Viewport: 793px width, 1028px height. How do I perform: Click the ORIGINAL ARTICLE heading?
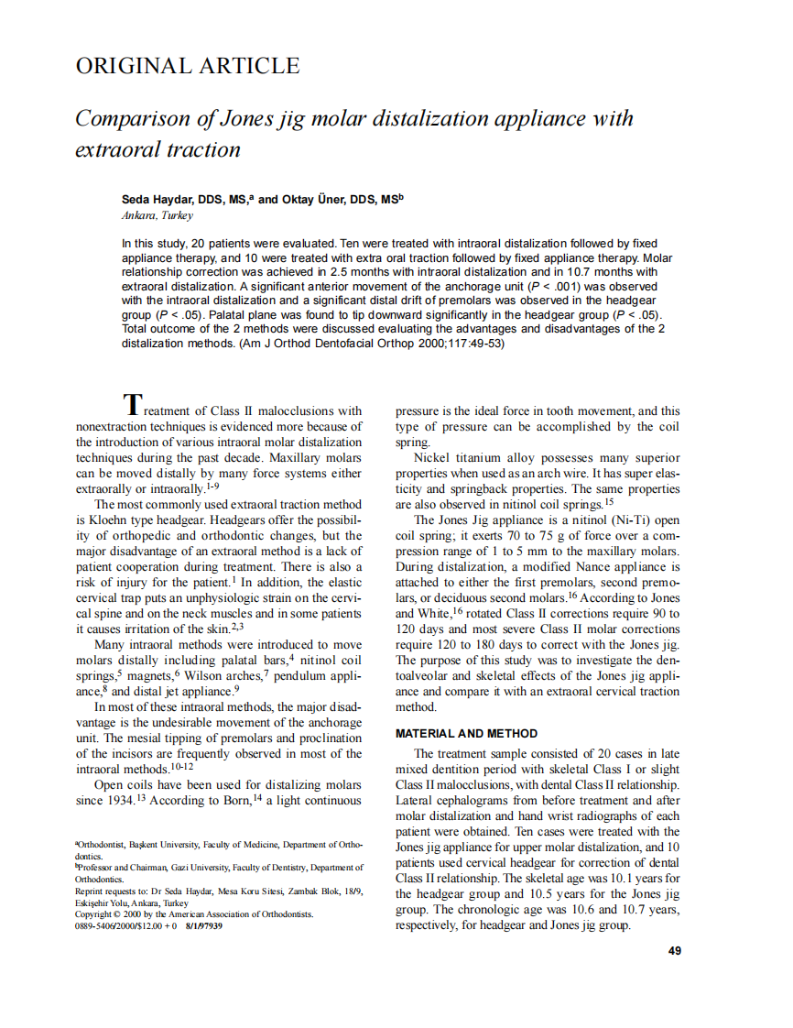pyautogui.click(x=187, y=66)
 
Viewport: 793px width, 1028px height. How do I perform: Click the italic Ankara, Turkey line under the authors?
pyautogui.click(x=157, y=215)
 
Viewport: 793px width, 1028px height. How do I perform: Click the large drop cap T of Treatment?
pyautogui.click(x=134, y=404)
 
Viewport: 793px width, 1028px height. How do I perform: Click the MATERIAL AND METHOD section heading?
pyautogui.click(x=465, y=733)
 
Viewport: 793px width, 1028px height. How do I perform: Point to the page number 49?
pyautogui.click(x=675, y=951)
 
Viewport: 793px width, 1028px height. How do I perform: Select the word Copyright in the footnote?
pyautogui.click(x=94, y=913)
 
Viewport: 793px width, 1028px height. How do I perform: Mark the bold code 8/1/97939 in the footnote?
pyautogui.click(x=203, y=925)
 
